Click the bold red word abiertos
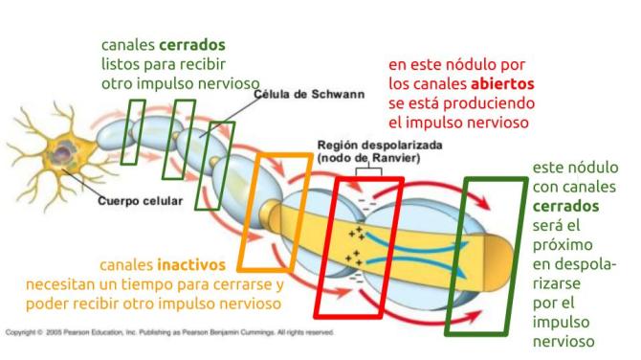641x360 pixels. click(x=501, y=83)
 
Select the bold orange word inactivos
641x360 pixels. click(x=191, y=263)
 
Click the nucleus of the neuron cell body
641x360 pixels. click(x=66, y=157)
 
